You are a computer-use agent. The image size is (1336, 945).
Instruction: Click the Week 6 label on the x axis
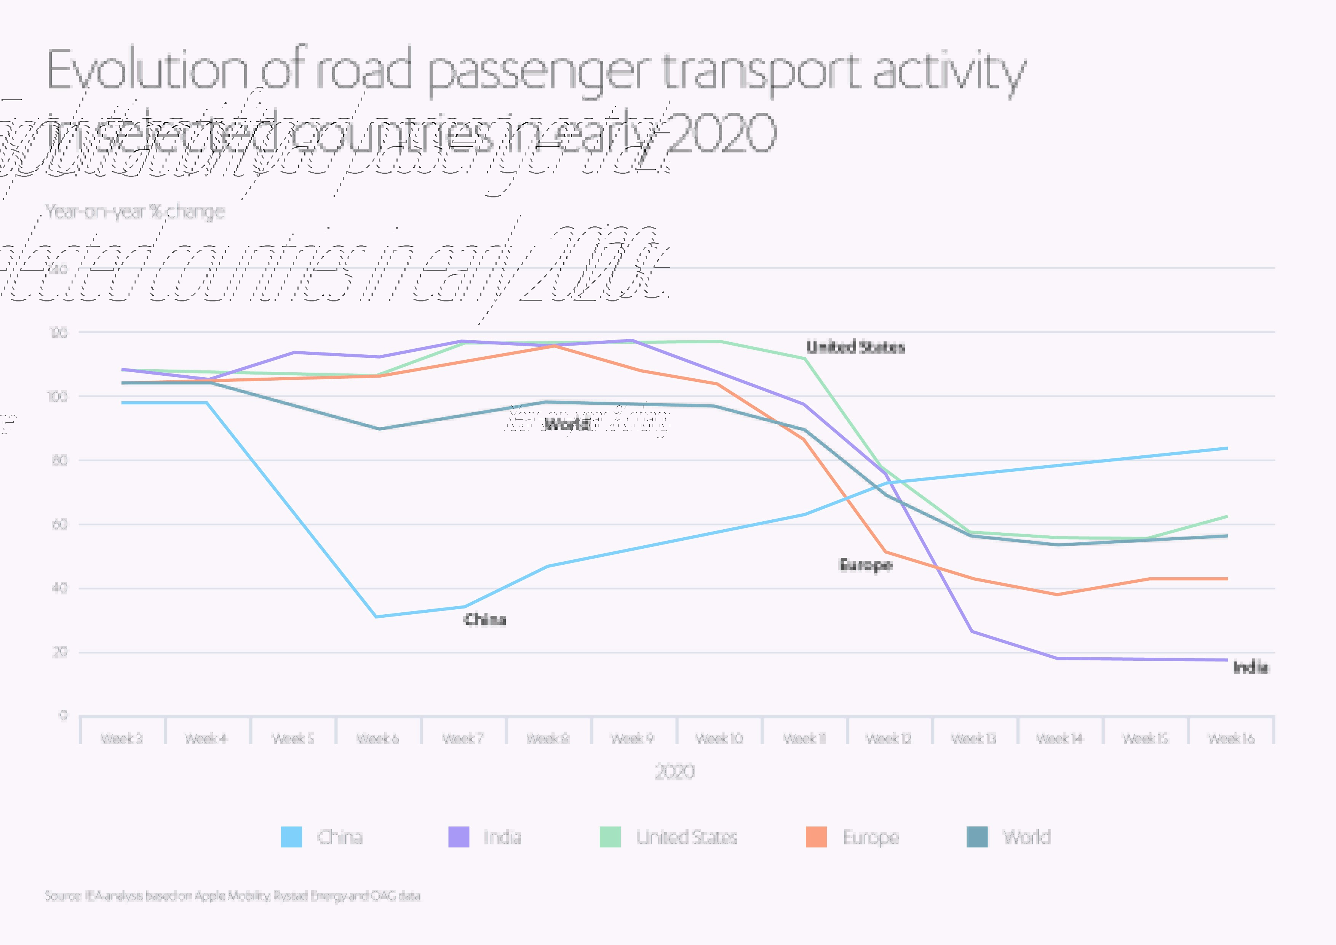point(378,738)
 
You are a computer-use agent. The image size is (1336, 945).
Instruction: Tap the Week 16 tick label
point(1231,738)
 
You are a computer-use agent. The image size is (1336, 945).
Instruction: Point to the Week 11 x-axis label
point(804,738)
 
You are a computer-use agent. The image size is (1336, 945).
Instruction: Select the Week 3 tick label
point(121,738)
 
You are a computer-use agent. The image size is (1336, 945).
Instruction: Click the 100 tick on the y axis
point(58,397)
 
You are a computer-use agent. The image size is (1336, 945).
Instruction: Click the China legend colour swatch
point(291,837)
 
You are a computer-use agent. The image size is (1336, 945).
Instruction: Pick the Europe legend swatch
point(816,837)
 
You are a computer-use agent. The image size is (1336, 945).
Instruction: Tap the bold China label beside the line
point(485,619)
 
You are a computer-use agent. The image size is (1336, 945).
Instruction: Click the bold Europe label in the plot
point(865,565)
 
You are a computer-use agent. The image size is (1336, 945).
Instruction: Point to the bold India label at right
point(1250,667)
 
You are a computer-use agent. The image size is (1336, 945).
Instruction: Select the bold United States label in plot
point(855,347)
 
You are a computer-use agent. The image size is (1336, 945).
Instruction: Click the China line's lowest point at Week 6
point(377,617)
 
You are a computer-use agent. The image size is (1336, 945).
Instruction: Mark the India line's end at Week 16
point(1227,660)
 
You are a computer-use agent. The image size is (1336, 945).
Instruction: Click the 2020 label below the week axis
point(675,772)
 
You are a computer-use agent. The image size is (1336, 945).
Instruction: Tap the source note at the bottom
point(232,895)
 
